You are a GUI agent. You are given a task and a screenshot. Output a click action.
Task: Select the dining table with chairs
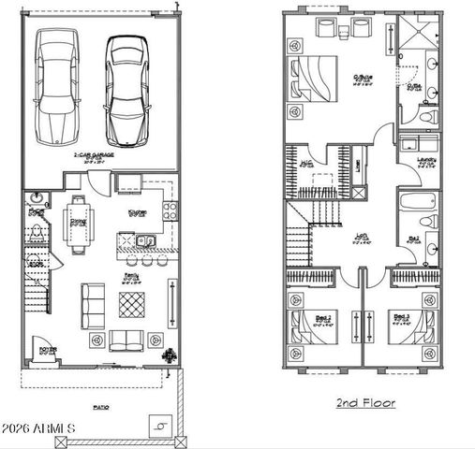[78, 221]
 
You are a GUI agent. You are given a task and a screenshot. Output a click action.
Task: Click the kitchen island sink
[147, 243]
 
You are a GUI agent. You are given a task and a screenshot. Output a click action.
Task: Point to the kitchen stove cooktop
[170, 210]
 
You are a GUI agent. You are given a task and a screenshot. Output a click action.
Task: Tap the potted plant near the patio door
[171, 355]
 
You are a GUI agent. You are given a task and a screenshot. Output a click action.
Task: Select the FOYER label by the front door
[47, 350]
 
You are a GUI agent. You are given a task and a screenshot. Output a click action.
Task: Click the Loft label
[360, 238]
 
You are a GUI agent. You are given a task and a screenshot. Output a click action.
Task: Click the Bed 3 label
[402, 318]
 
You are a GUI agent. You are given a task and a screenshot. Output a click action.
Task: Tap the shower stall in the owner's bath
[412, 35]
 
